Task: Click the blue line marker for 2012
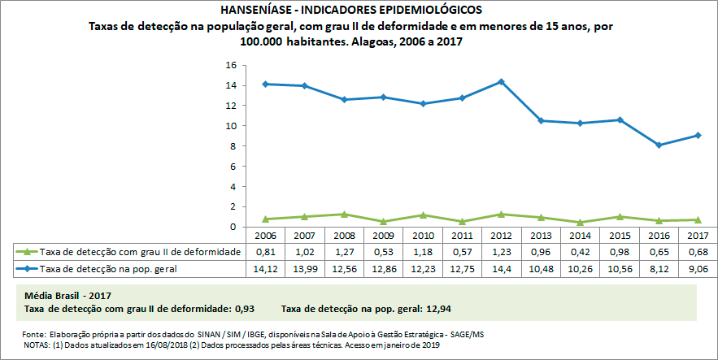coord(501,81)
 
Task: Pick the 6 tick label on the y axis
coord(233,167)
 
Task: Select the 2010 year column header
coord(423,236)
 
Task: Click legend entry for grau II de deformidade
coord(130,252)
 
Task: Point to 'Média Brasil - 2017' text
coord(68,297)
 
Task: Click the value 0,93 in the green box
coord(245,310)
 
